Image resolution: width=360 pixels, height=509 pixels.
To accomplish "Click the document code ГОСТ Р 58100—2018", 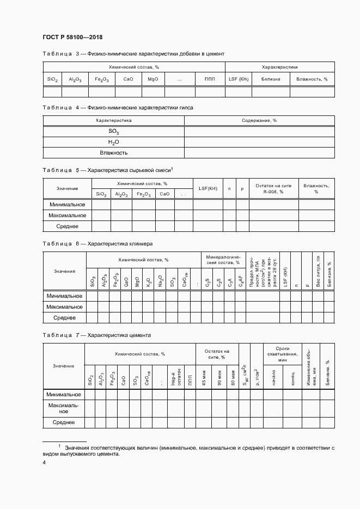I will [72, 37].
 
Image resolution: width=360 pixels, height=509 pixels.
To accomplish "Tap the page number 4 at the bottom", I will [44, 462].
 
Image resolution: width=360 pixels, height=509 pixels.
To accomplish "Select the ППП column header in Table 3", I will [210, 79].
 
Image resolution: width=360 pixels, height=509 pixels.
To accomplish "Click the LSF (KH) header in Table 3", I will [238, 79].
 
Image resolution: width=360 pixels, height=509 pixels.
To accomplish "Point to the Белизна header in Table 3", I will [270, 79].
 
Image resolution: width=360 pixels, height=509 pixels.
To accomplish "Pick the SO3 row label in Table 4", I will [113, 132].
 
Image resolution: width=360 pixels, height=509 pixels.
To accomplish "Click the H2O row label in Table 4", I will [113, 142].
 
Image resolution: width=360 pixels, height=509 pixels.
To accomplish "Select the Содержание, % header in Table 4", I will [259, 120].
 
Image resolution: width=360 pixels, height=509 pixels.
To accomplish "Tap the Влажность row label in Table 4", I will [113, 153].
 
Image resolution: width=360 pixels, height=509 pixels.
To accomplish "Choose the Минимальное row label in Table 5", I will [67, 205].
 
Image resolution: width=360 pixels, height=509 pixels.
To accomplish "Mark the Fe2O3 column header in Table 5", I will [144, 194].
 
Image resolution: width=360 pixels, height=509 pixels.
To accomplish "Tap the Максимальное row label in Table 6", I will [64, 306].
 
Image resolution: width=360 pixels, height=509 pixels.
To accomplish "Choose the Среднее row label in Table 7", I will [64, 422].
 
